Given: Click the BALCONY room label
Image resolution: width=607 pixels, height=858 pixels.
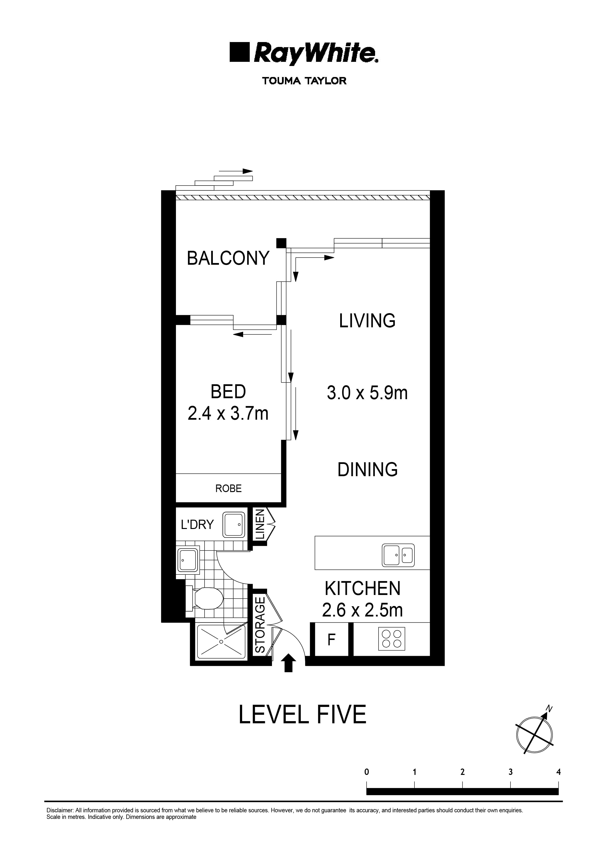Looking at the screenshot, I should [x=228, y=258].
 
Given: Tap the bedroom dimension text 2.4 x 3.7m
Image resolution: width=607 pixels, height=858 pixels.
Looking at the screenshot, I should [x=228, y=414].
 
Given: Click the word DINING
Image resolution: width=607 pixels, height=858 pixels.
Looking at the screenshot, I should [x=368, y=470].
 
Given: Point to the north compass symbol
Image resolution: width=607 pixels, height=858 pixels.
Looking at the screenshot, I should [x=534, y=734].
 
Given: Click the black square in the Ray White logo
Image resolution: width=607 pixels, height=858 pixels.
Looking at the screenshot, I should [x=239, y=52].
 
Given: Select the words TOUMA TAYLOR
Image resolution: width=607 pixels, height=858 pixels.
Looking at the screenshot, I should [x=304, y=81].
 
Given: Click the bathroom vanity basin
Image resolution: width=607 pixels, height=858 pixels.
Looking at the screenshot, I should [x=188, y=560].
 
